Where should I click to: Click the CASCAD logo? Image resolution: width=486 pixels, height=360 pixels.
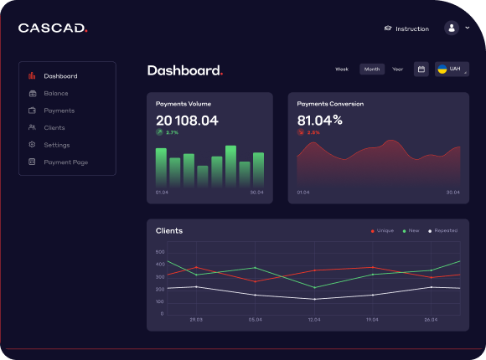click(52, 28)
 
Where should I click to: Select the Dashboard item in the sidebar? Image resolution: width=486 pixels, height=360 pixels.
click(60, 76)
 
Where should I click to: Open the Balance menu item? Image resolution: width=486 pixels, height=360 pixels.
click(56, 93)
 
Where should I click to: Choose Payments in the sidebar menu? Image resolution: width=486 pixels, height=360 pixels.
click(59, 111)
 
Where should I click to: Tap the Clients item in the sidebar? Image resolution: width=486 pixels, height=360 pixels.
click(54, 127)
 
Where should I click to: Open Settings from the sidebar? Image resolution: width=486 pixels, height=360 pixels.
click(56, 145)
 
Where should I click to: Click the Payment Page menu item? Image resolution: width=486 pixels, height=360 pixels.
click(65, 162)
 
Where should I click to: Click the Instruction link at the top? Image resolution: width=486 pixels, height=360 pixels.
click(406, 28)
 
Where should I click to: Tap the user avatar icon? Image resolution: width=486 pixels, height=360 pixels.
click(452, 28)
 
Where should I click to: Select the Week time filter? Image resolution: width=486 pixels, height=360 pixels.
click(342, 69)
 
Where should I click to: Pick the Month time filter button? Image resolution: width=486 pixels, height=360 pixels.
click(371, 69)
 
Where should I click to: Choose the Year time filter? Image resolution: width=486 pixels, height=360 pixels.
click(397, 69)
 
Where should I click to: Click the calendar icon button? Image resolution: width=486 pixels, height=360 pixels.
click(421, 69)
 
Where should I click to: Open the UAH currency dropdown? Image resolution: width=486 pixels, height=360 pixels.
click(452, 69)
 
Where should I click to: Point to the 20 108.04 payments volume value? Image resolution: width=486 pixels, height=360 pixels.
click(187, 121)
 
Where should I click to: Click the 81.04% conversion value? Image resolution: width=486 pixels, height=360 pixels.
click(319, 121)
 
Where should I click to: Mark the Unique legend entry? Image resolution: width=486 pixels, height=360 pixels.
click(382, 230)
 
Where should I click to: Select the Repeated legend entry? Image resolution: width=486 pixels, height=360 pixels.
click(443, 230)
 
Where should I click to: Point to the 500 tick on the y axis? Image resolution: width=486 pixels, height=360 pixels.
click(160, 251)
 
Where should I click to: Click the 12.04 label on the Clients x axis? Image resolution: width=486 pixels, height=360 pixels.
click(314, 320)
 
